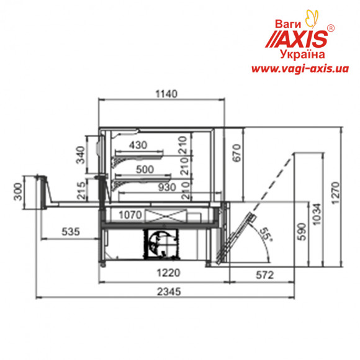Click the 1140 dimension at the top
(166, 94)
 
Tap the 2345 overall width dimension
(169, 292)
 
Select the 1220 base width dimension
(168, 272)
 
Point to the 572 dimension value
(264, 275)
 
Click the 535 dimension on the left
(71, 232)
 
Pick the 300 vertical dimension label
(18, 191)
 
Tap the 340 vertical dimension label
(81, 155)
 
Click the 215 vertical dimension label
(81, 191)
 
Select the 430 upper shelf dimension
(138, 145)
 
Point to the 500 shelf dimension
(145, 169)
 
